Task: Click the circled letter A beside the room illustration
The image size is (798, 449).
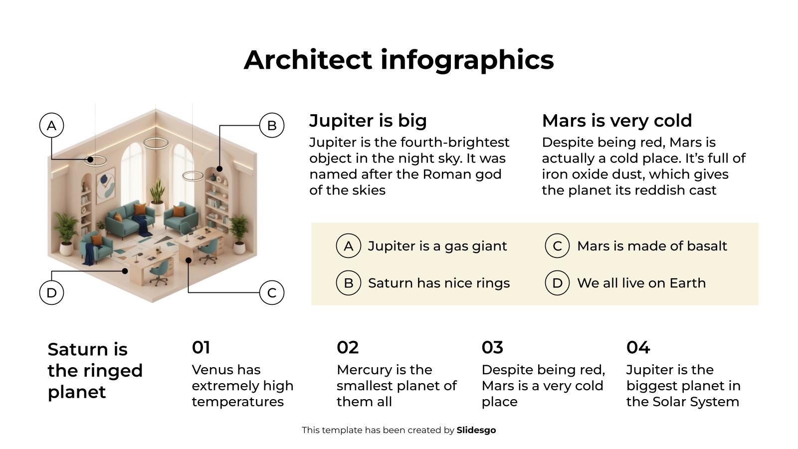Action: click(x=52, y=125)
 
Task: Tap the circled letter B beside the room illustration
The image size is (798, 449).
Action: click(x=272, y=125)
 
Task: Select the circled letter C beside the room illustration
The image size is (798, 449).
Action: click(x=272, y=292)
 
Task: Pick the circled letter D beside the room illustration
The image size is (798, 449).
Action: click(x=52, y=292)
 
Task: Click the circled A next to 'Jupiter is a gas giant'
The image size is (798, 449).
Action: click(x=349, y=246)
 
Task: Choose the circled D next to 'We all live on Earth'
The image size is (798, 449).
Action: click(x=557, y=283)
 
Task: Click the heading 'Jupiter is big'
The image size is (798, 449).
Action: click(x=368, y=120)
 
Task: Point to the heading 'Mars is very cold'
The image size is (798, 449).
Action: click(x=617, y=120)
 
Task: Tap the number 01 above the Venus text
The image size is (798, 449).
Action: click(x=201, y=347)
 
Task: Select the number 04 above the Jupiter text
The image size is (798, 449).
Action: click(x=638, y=347)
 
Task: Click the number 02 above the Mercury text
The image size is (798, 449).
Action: click(x=348, y=347)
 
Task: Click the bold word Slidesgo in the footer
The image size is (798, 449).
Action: click(x=476, y=430)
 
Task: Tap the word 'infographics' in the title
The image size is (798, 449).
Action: click(x=467, y=60)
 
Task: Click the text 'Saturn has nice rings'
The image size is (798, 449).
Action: click(x=439, y=283)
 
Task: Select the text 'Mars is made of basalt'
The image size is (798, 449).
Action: click(x=652, y=246)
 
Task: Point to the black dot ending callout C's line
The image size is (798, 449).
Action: click(x=189, y=260)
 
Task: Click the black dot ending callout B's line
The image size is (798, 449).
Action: click(x=219, y=169)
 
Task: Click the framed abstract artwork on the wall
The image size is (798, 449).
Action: click(x=106, y=185)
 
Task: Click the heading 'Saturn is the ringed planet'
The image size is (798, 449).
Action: click(x=95, y=371)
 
